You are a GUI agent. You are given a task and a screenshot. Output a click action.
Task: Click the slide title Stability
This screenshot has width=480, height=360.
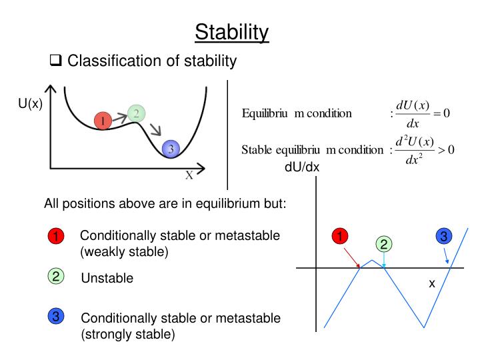[232, 31]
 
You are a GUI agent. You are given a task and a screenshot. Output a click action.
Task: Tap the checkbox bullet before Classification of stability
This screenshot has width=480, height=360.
[56, 62]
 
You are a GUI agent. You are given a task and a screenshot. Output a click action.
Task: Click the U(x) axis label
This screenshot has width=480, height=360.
[30, 103]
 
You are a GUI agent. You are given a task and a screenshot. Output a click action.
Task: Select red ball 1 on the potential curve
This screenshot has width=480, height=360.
[102, 121]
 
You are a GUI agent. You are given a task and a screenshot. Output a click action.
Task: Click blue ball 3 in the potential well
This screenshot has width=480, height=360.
[171, 149]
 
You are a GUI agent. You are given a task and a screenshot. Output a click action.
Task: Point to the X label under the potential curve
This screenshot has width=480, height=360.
[189, 175]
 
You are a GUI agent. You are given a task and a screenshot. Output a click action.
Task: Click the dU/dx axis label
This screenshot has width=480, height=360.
[302, 167]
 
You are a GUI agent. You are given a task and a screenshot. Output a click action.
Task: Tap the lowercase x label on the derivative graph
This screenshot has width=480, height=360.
[431, 283]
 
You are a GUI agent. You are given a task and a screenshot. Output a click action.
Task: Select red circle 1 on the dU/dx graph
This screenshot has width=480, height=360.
[340, 236]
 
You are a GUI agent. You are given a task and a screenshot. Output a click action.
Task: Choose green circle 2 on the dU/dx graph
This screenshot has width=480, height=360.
[383, 244]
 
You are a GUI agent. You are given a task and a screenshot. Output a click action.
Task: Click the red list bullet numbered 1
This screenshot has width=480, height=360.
[55, 237]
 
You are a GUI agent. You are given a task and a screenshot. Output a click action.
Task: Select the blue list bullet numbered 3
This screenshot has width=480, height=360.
[55, 317]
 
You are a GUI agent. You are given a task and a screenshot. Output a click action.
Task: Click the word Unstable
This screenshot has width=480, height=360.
[107, 279]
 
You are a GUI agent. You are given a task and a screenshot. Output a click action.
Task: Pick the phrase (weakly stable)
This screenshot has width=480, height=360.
[124, 252]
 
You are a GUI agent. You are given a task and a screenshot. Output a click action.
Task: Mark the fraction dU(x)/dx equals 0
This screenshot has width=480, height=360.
[420, 114]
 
